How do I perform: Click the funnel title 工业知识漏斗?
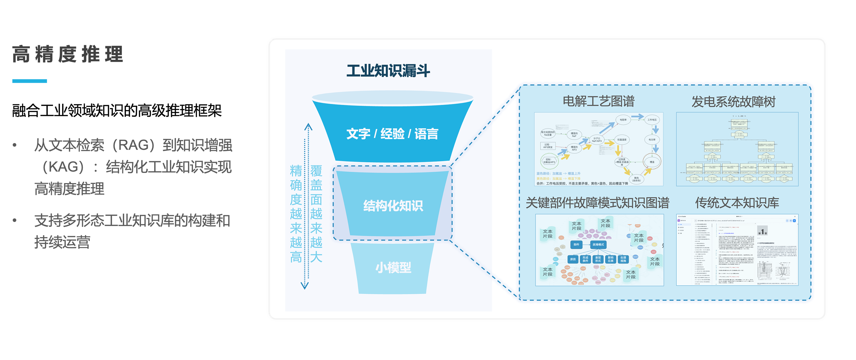pyautogui.click(x=388, y=71)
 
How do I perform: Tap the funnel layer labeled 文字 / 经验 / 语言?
pyautogui.click(x=392, y=134)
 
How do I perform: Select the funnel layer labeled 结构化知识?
pyautogui.click(x=393, y=206)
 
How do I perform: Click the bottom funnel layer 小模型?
pyautogui.click(x=393, y=267)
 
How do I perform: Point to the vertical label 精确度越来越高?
pyautogui.click(x=296, y=213)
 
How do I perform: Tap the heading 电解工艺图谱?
pyautogui.click(x=598, y=101)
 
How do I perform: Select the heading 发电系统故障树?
pyautogui.click(x=733, y=101)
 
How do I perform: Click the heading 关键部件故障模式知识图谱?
pyautogui.click(x=597, y=203)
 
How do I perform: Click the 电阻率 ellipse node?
pyautogui.click(x=623, y=120)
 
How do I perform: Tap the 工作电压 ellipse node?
pyautogui.click(x=652, y=120)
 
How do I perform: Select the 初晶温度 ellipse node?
pyautogui.click(x=622, y=140)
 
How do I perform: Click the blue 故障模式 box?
pyautogui.click(x=598, y=245)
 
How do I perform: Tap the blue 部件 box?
pyautogui.click(x=576, y=245)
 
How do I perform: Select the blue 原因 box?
pyautogui.click(x=573, y=259)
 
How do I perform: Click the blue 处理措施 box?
pyautogui.click(x=623, y=259)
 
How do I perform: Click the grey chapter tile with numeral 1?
pyautogui.click(x=762, y=231)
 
